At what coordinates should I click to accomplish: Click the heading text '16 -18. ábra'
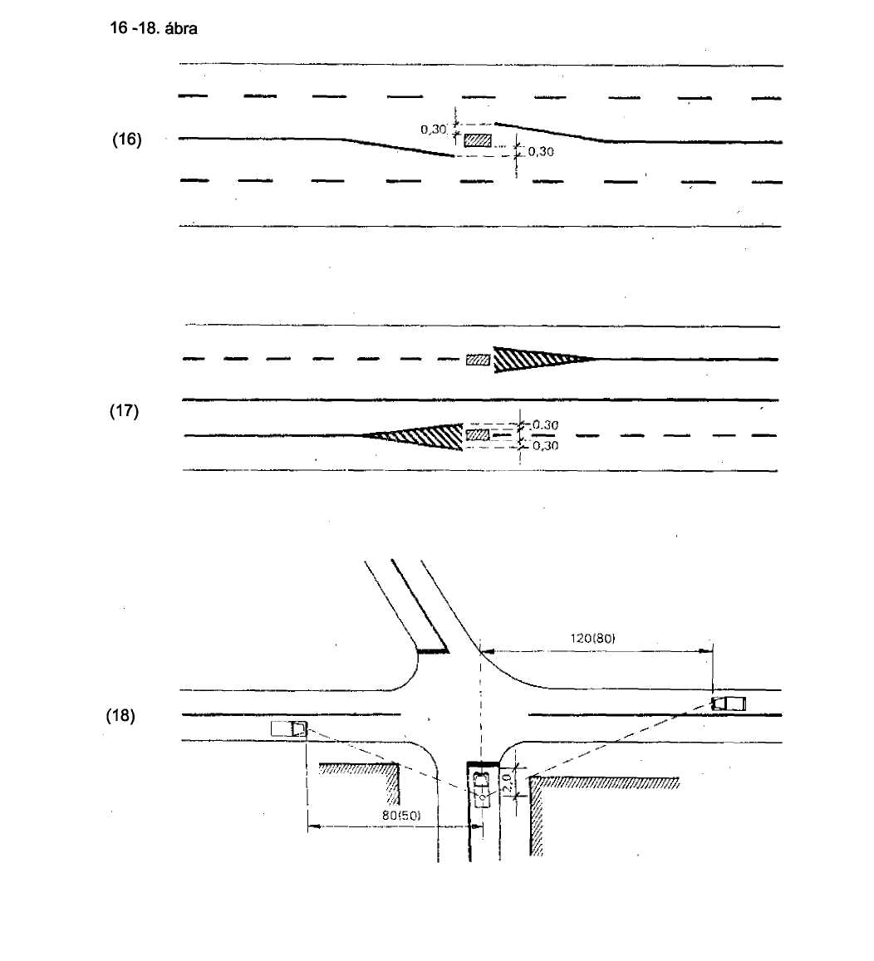tap(153, 28)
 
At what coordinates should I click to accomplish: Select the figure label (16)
tap(127, 139)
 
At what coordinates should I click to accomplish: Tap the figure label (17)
tap(124, 410)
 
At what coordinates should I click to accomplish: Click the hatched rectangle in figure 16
tap(478, 140)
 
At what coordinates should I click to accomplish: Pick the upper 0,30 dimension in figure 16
tap(434, 130)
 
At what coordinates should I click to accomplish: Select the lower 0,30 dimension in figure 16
tap(541, 151)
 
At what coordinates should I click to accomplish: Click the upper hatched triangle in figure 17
tap(543, 359)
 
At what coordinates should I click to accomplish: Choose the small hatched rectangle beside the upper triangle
tap(478, 360)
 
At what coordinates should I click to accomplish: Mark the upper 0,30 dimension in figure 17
tap(545, 424)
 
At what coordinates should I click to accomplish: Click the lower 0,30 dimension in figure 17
tap(545, 445)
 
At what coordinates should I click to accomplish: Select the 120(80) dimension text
tap(592, 638)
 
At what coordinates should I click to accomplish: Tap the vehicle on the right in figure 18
tap(729, 703)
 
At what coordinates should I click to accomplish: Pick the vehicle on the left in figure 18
tap(288, 728)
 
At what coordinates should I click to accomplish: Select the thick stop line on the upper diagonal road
tap(434, 651)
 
